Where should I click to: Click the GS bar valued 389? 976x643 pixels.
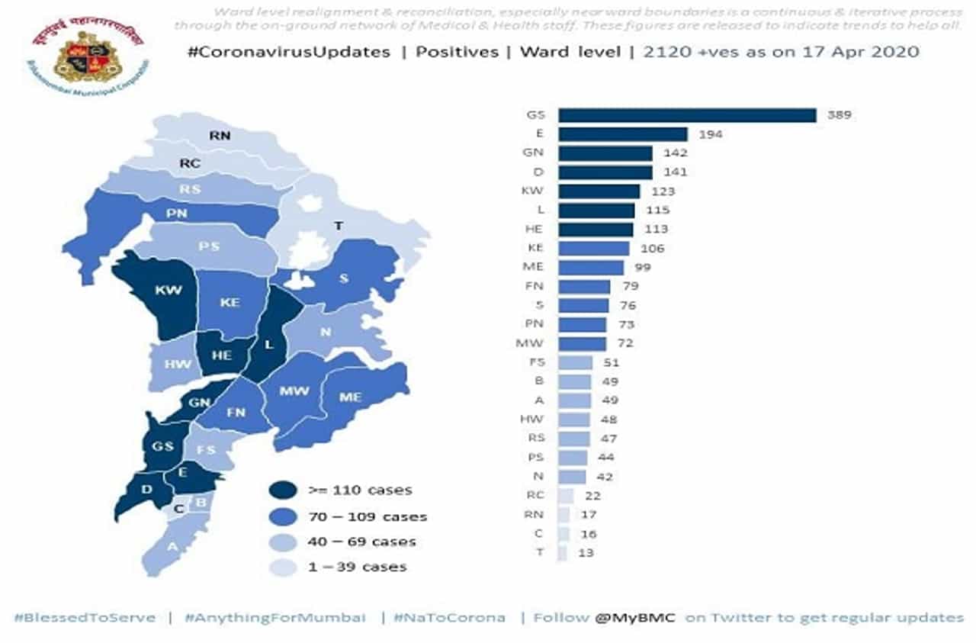tap(687, 115)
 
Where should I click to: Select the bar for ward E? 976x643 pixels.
tap(623, 134)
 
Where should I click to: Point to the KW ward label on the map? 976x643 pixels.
tap(167, 291)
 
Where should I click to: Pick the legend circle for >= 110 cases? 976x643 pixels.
tap(284, 490)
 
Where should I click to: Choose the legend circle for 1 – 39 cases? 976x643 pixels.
tap(284, 566)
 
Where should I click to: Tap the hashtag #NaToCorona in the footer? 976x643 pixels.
tap(449, 617)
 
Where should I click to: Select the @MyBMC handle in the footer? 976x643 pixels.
tap(637, 617)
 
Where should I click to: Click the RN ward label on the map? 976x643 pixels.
tap(220, 137)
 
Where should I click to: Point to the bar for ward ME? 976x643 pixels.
tap(591, 268)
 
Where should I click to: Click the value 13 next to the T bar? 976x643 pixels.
tap(586, 553)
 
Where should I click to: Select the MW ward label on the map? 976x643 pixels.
tap(294, 391)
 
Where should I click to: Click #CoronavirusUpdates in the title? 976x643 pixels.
tap(288, 53)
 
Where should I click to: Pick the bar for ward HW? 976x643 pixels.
tap(574, 420)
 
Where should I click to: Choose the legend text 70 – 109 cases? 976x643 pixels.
tap(368, 516)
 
